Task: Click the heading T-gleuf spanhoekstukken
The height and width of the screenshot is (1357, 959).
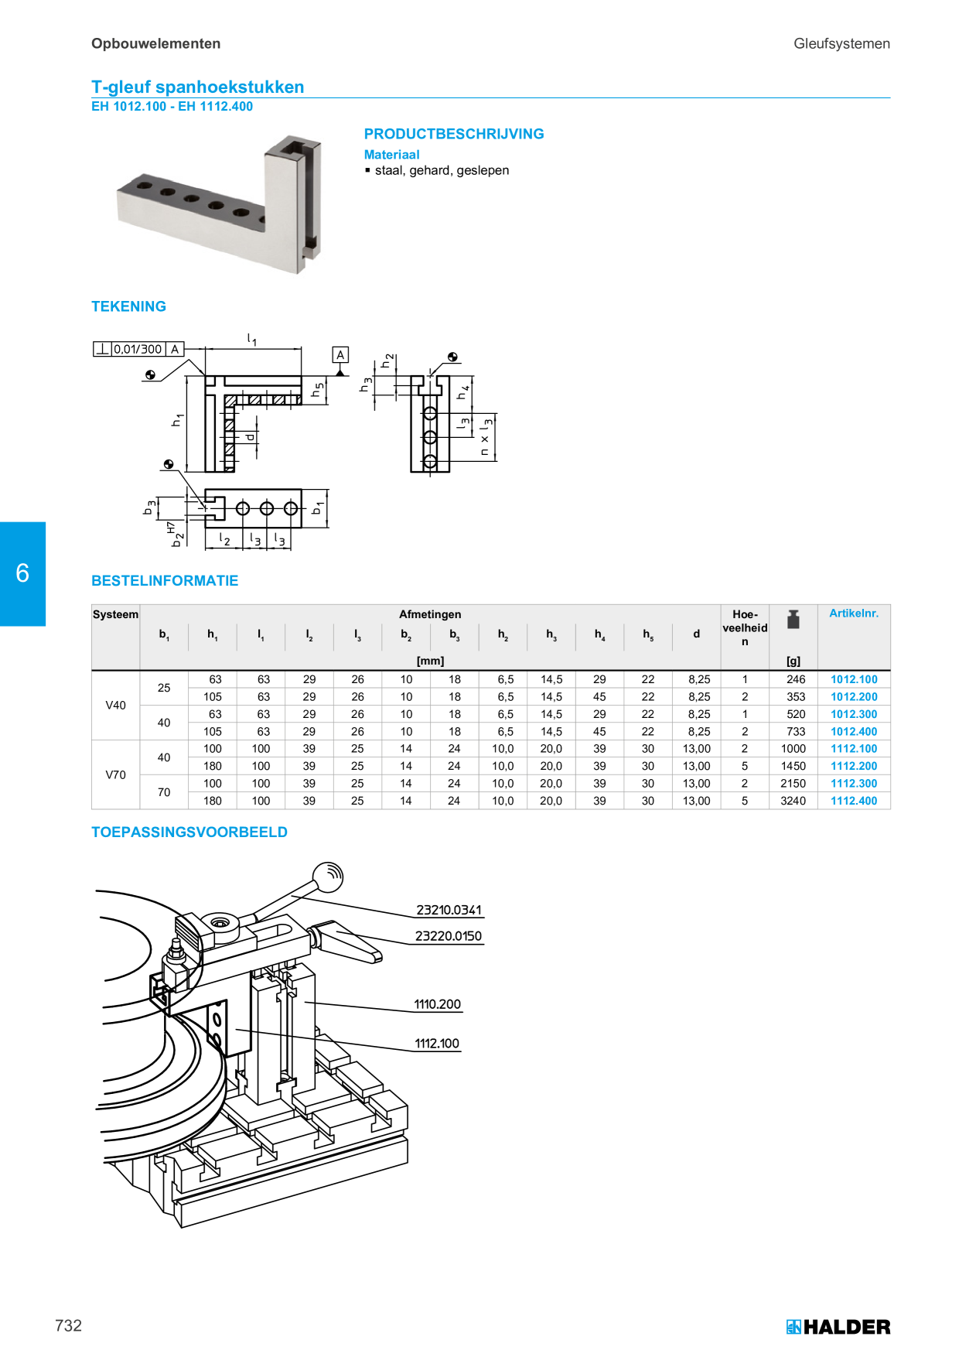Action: [198, 87]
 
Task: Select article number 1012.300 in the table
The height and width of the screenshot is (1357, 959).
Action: [854, 714]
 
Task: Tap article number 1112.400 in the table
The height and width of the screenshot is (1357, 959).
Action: [854, 801]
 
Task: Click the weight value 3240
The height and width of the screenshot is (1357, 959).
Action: [793, 801]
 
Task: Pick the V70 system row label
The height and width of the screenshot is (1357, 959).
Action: [115, 774]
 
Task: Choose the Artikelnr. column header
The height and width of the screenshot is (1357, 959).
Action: [854, 614]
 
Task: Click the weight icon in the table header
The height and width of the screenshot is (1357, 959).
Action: [793, 619]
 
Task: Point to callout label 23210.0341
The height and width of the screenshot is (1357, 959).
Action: [449, 910]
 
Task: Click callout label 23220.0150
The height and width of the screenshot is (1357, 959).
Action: [449, 936]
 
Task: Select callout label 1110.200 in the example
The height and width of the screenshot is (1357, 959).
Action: [437, 1004]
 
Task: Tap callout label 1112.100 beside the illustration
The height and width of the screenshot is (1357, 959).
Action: [437, 1044]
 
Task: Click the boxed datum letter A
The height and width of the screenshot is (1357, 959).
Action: [340, 355]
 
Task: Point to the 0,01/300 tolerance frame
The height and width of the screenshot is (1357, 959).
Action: [138, 349]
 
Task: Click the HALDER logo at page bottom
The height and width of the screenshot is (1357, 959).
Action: [838, 1327]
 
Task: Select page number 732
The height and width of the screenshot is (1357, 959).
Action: [68, 1325]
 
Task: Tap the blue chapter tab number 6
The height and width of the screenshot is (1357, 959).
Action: [22, 573]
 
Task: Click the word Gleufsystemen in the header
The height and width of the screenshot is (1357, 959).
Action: [841, 44]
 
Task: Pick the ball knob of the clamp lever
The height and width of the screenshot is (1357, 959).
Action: [328, 877]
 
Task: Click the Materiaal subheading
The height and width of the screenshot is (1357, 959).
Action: [391, 155]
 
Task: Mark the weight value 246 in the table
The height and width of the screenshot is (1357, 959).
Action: [796, 679]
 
